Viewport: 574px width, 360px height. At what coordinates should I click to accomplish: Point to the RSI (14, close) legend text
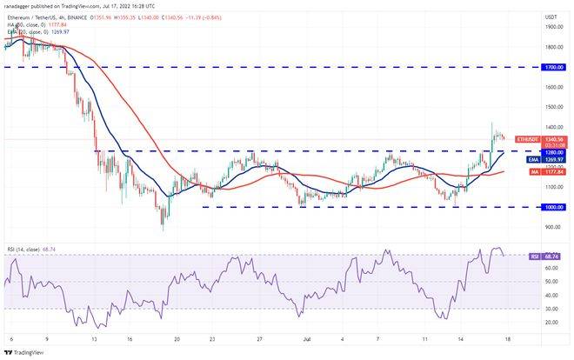pos(23,248)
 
